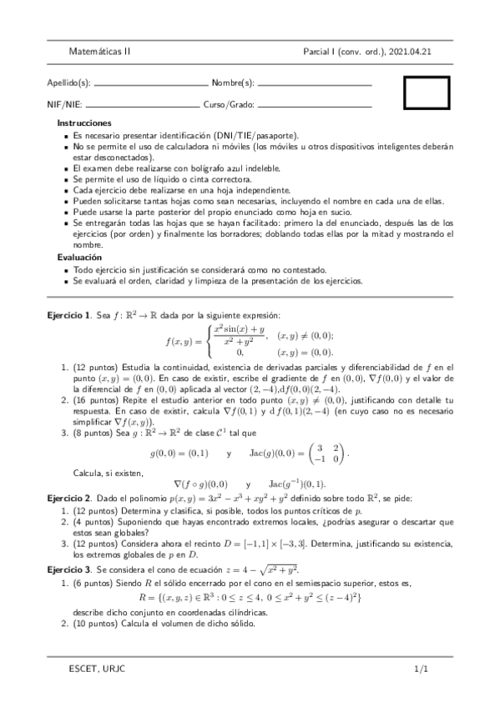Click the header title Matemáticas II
click(x=99, y=52)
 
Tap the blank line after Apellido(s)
click(x=151, y=85)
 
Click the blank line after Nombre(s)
click(x=315, y=85)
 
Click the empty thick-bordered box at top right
click(x=427, y=93)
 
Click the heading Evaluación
click(x=79, y=258)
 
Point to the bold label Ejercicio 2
click(x=68, y=498)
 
